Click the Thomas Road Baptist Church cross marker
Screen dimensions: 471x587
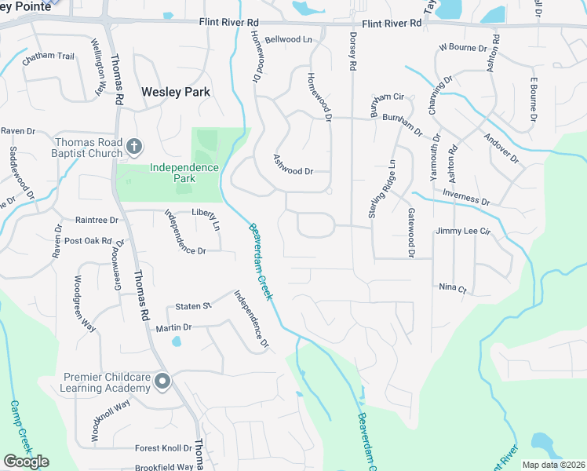(x=134, y=146)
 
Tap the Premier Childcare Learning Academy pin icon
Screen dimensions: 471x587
(x=162, y=382)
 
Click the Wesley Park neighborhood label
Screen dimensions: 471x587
(x=176, y=92)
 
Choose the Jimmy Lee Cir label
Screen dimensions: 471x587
(x=462, y=232)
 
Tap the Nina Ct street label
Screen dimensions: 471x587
(x=453, y=288)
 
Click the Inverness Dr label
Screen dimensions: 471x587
(x=465, y=197)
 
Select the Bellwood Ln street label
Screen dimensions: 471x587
(x=288, y=39)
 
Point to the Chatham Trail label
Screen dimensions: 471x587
(x=48, y=57)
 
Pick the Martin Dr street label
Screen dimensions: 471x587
(x=173, y=327)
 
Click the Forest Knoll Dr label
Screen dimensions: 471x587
(x=163, y=448)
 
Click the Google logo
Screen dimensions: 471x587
(x=26, y=462)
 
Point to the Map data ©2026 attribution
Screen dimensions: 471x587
(x=553, y=465)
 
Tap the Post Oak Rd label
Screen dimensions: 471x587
(x=88, y=241)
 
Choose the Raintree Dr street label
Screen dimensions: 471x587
(x=96, y=221)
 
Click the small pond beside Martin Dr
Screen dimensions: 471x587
(x=176, y=341)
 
